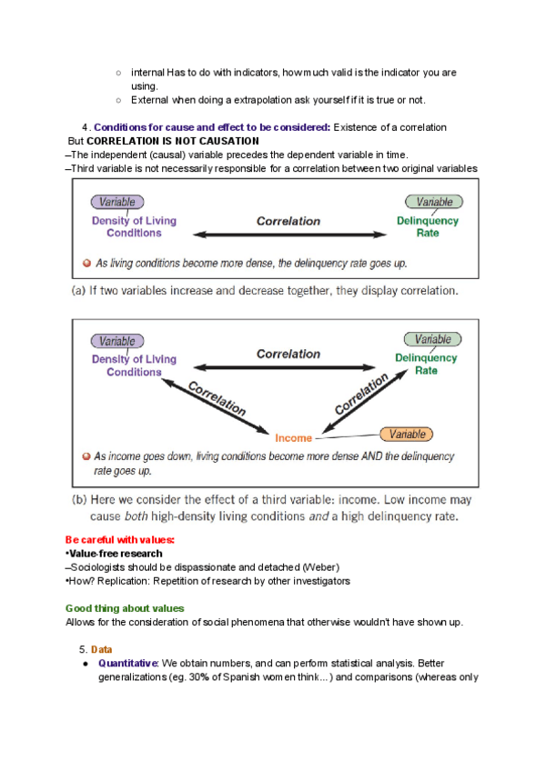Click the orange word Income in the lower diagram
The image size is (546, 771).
point(293,438)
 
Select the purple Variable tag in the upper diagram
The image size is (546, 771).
point(116,203)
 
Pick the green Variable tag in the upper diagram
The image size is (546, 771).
point(434,202)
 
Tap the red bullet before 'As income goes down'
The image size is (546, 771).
point(85,456)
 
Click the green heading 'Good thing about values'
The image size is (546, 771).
point(125,608)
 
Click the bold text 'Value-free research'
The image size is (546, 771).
point(116,554)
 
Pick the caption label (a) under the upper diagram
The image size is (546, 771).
point(79,292)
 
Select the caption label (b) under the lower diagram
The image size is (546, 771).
point(79,500)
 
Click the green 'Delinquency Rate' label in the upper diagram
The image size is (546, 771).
point(428,226)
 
